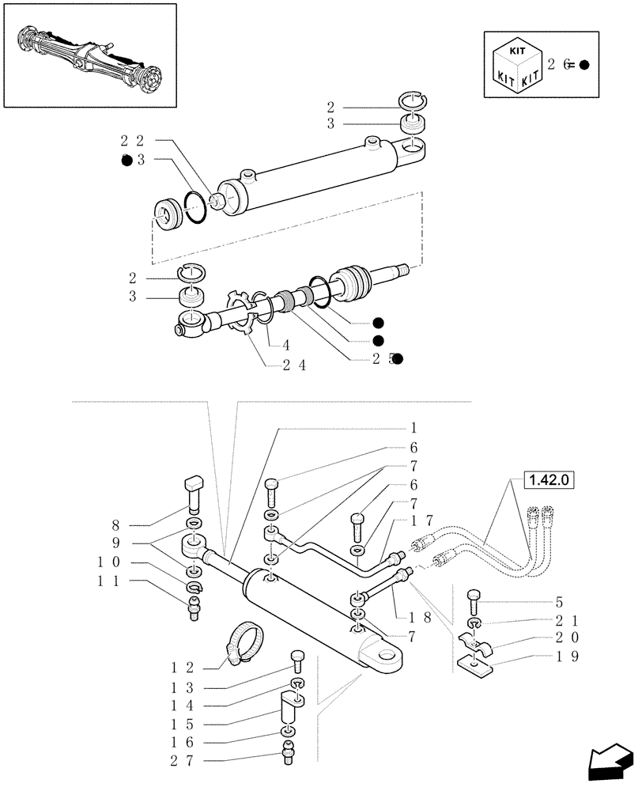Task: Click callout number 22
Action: click(131, 141)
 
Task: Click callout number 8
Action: click(117, 524)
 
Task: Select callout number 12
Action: click(178, 668)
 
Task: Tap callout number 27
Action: click(178, 761)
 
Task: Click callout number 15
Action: click(178, 724)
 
